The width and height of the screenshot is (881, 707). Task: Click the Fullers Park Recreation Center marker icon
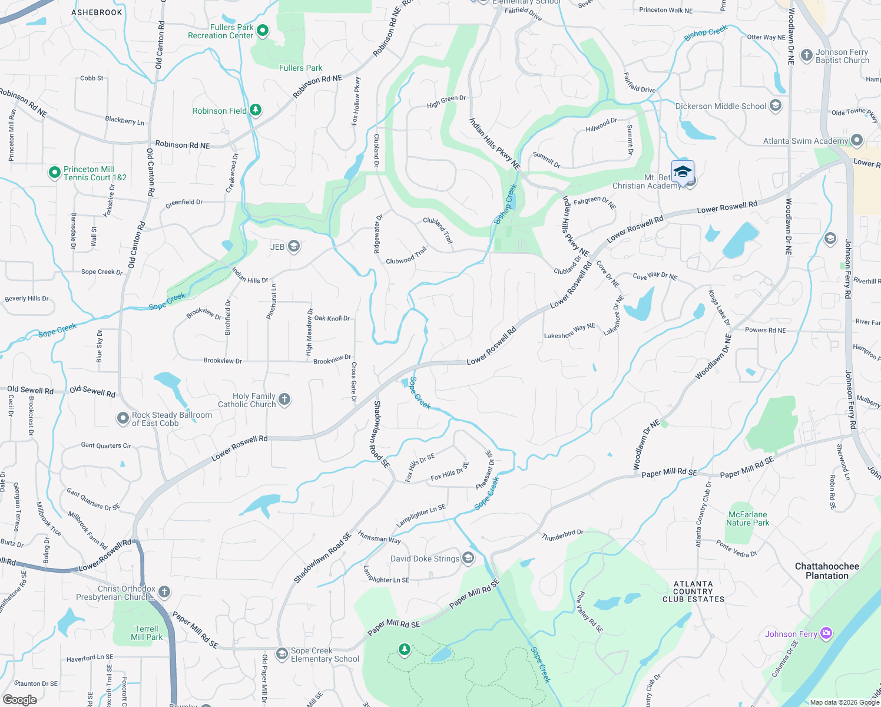pos(263,31)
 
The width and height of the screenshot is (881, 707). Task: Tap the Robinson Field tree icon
pos(255,110)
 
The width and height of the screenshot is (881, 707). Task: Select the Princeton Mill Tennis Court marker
pos(55,173)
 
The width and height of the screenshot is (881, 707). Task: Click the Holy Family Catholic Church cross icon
pos(284,400)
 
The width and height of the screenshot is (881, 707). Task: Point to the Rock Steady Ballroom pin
pos(123,419)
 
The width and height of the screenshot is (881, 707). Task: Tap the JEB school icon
pos(294,247)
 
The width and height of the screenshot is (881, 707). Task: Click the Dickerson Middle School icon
pos(776,106)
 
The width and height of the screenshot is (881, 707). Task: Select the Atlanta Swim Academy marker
pos(857,141)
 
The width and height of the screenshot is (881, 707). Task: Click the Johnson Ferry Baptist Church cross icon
pos(807,56)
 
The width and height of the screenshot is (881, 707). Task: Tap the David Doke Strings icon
pos(468,558)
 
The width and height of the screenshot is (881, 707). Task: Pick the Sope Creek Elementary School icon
pos(282,654)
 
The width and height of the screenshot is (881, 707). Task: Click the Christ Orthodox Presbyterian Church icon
pos(164,592)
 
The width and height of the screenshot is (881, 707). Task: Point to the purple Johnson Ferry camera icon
pos(826,633)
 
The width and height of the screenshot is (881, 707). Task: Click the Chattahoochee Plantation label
pos(827,571)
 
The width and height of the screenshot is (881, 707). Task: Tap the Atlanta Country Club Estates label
pos(693,592)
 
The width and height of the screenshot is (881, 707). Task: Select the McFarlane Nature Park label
pos(747,518)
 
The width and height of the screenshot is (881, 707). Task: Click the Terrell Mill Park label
pos(147,633)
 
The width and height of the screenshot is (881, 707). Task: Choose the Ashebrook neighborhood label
pos(97,12)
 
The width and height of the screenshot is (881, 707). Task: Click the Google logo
pos(20,700)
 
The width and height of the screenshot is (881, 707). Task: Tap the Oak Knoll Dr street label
pos(332,318)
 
